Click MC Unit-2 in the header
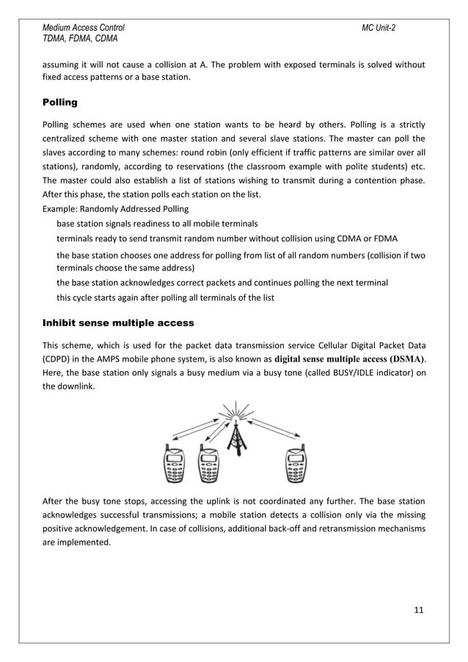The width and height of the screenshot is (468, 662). point(379,27)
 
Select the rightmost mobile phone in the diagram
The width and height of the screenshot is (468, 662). point(295,465)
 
